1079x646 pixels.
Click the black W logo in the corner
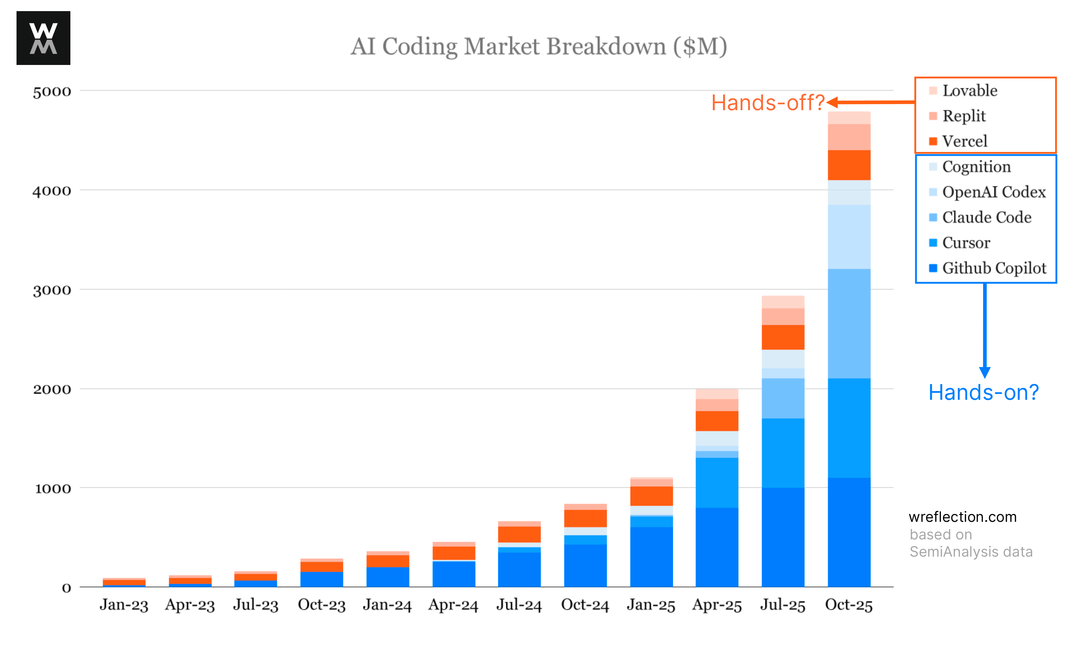[x=43, y=38]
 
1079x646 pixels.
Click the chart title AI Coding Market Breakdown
[x=539, y=46]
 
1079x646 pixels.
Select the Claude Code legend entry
[x=986, y=217]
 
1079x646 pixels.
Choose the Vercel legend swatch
[x=933, y=141]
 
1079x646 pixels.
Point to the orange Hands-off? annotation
[x=768, y=103]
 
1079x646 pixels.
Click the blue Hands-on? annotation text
[x=983, y=392]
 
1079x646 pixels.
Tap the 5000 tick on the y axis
[x=52, y=92]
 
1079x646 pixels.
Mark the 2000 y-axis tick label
[x=52, y=389]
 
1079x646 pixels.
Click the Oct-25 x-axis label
[x=848, y=605]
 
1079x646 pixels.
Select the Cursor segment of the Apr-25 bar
[x=717, y=482]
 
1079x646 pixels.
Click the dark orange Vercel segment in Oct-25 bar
[x=848, y=165]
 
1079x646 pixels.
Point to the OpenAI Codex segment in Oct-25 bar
[x=848, y=237]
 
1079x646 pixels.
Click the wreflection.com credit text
[x=962, y=517]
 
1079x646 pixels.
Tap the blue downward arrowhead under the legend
[x=985, y=372]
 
